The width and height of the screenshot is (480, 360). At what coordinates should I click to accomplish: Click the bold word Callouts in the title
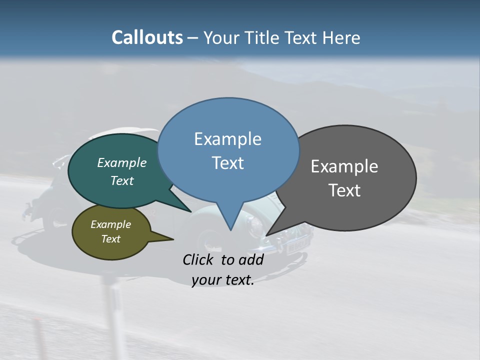[x=147, y=37]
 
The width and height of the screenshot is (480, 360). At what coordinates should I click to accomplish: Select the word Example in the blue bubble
[x=227, y=139]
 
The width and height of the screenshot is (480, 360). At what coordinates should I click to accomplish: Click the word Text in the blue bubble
[x=227, y=163]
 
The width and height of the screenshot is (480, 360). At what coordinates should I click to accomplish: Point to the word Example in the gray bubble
[x=344, y=166]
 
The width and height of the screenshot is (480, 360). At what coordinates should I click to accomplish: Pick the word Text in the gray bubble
[x=344, y=190]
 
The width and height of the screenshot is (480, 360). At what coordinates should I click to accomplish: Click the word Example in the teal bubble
[x=122, y=163]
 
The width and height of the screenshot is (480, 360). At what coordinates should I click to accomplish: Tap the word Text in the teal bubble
[x=122, y=181]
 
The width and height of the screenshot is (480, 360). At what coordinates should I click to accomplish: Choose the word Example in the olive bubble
[x=110, y=224]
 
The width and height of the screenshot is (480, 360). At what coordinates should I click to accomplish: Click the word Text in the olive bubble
[x=110, y=239]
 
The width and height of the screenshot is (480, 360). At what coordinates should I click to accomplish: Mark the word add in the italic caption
[x=251, y=259]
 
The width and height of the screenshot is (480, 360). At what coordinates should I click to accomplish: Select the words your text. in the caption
[x=222, y=280]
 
